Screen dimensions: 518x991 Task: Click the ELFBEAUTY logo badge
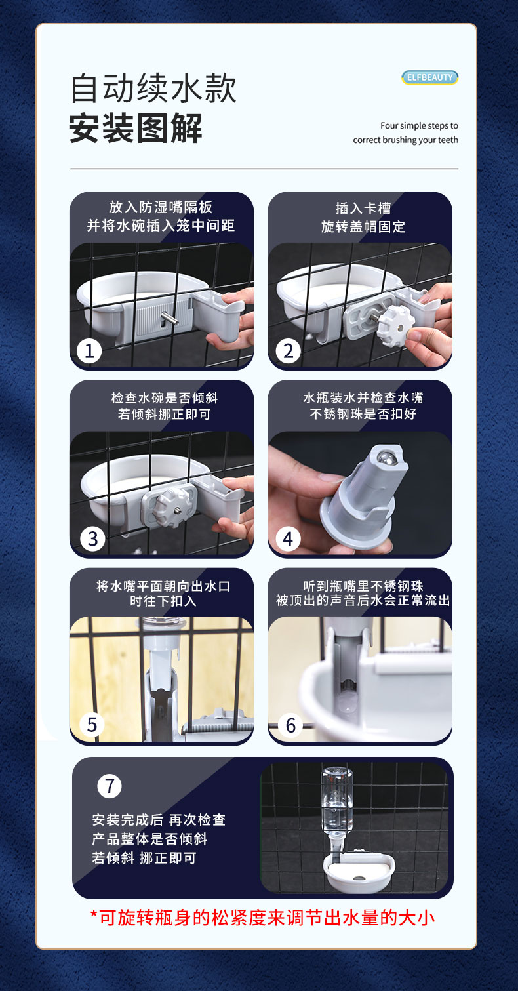tap(429, 77)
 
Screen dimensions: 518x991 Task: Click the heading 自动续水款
tap(153, 89)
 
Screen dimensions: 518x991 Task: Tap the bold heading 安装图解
tap(135, 129)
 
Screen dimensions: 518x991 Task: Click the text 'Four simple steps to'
tap(419, 126)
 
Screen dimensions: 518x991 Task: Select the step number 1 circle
tap(89, 352)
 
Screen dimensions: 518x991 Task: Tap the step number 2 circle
tap(288, 352)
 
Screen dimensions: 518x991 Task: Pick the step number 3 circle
tap(92, 539)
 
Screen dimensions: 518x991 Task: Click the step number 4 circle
tap(288, 539)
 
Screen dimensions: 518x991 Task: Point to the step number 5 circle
tap(92, 725)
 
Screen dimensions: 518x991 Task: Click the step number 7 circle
tap(110, 786)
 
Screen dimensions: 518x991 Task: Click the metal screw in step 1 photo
tap(169, 317)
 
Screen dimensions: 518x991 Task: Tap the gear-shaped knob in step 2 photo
tap(396, 327)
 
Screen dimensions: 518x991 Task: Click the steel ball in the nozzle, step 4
tap(385, 457)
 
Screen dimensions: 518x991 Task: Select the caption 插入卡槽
tap(363, 208)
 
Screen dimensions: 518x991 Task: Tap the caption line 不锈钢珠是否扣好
tap(363, 414)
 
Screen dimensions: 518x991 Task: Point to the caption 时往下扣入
tap(163, 601)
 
